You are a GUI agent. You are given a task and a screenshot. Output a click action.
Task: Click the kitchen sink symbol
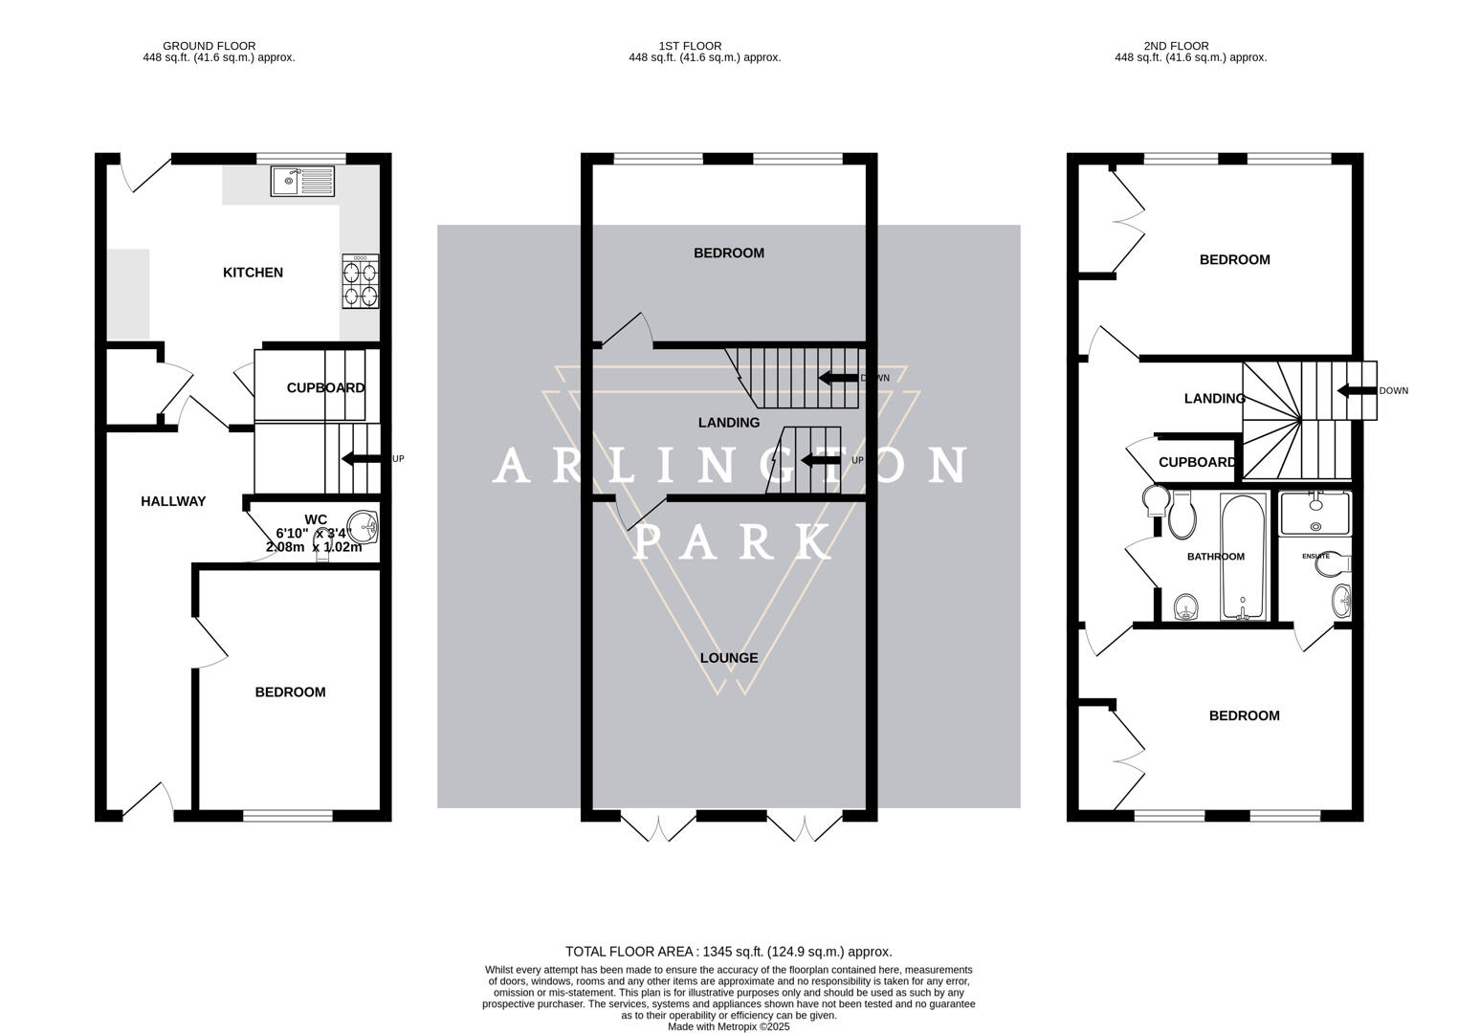[302, 181]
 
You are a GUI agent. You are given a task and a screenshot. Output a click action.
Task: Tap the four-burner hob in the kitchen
[361, 281]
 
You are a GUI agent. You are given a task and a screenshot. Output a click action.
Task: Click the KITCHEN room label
[253, 273]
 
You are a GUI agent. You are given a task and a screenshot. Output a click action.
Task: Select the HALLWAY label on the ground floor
[173, 501]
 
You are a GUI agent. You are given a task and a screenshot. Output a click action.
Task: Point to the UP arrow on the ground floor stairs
[361, 459]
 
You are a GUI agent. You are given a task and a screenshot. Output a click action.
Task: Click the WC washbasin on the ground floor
[363, 523]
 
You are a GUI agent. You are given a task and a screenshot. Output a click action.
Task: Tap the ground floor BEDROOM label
[290, 692]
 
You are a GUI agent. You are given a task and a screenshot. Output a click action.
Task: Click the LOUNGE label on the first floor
[729, 658]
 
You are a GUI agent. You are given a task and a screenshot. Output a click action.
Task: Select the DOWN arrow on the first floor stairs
[838, 378]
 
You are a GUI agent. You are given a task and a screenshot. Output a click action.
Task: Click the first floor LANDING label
[729, 423]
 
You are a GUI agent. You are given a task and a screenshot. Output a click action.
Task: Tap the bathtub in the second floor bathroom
[1243, 557]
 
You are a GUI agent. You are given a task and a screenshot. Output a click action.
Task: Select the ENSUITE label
[1315, 556]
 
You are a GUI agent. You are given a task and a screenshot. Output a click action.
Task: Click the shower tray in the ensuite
[1315, 512]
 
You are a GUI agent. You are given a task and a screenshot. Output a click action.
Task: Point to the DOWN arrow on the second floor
[1357, 390]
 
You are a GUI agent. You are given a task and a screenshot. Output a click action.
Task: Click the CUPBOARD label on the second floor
[1197, 463]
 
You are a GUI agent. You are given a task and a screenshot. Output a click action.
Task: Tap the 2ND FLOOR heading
[1176, 46]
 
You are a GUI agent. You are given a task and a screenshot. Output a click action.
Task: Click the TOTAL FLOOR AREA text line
[728, 952]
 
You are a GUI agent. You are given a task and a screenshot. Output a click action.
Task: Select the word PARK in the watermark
[732, 542]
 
